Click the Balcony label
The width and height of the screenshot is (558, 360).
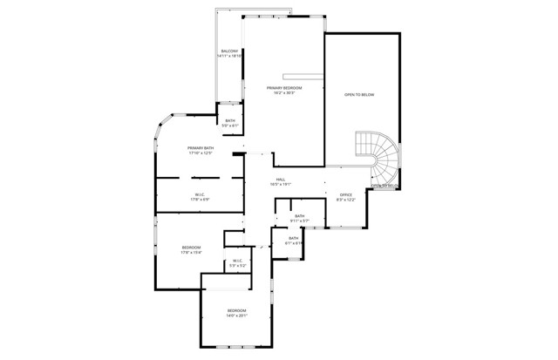(x=228, y=52)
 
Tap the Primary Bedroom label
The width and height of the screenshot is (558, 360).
(x=284, y=88)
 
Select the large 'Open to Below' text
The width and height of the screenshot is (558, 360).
(x=359, y=94)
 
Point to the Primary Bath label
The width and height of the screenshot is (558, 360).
(x=201, y=148)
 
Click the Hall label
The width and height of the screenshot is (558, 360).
(x=281, y=179)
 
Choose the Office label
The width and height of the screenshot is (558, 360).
(x=345, y=194)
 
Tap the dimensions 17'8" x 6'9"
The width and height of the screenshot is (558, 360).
(x=200, y=200)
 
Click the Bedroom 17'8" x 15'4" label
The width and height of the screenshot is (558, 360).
(x=191, y=248)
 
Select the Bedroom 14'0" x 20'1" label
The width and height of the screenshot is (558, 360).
(x=237, y=310)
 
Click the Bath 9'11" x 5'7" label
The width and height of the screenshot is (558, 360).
(x=299, y=216)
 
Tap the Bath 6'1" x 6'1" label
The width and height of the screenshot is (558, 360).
(x=294, y=238)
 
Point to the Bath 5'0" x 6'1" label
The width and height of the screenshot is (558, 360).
(x=230, y=120)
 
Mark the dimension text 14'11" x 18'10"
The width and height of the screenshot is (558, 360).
(x=228, y=57)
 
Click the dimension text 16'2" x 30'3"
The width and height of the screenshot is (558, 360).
(x=284, y=92)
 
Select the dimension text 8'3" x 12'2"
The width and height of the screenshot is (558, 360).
(x=345, y=200)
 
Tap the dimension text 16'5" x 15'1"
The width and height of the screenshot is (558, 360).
(x=281, y=184)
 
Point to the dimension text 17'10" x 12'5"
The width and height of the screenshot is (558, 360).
(x=201, y=153)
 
